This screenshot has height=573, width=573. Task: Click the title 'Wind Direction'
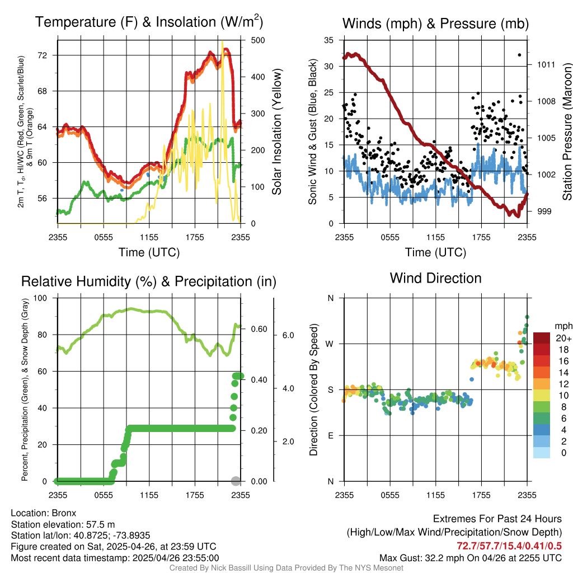click(435, 278)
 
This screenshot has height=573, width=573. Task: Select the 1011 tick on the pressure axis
click(546, 64)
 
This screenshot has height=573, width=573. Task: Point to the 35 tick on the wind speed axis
click(329, 40)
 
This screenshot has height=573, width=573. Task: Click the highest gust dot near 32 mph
click(520, 55)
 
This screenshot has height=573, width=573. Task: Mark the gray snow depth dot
click(236, 481)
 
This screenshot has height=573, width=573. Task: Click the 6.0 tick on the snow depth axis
click(287, 335)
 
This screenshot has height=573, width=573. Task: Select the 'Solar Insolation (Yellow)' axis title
click(277, 132)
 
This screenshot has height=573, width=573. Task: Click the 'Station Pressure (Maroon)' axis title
click(566, 132)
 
